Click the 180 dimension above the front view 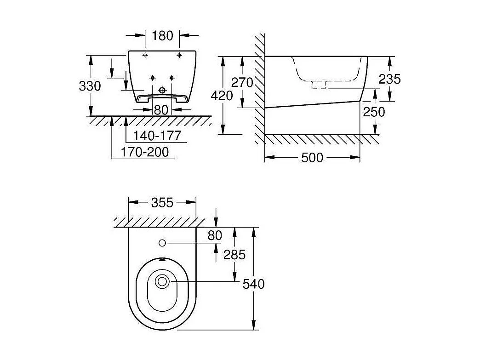(x=162, y=35)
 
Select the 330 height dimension (x=90, y=86)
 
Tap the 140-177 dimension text (x=156, y=136)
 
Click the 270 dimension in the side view (x=242, y=82)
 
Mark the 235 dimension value (x=389, y=79)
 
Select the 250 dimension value (x=374, y=112)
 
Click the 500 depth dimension (x=312, y=158)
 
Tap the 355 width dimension (x=162, y=202)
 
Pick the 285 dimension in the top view (x=234, y=255)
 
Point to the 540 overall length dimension (x=254, y=284)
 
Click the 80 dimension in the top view (x=215, y=236)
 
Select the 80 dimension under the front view (x=161, y=110)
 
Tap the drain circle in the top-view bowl (x=162, y=281)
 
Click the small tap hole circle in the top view (x=162, y=242)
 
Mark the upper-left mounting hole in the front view (x=145, y=55)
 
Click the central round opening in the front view (x=161, y=90)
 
